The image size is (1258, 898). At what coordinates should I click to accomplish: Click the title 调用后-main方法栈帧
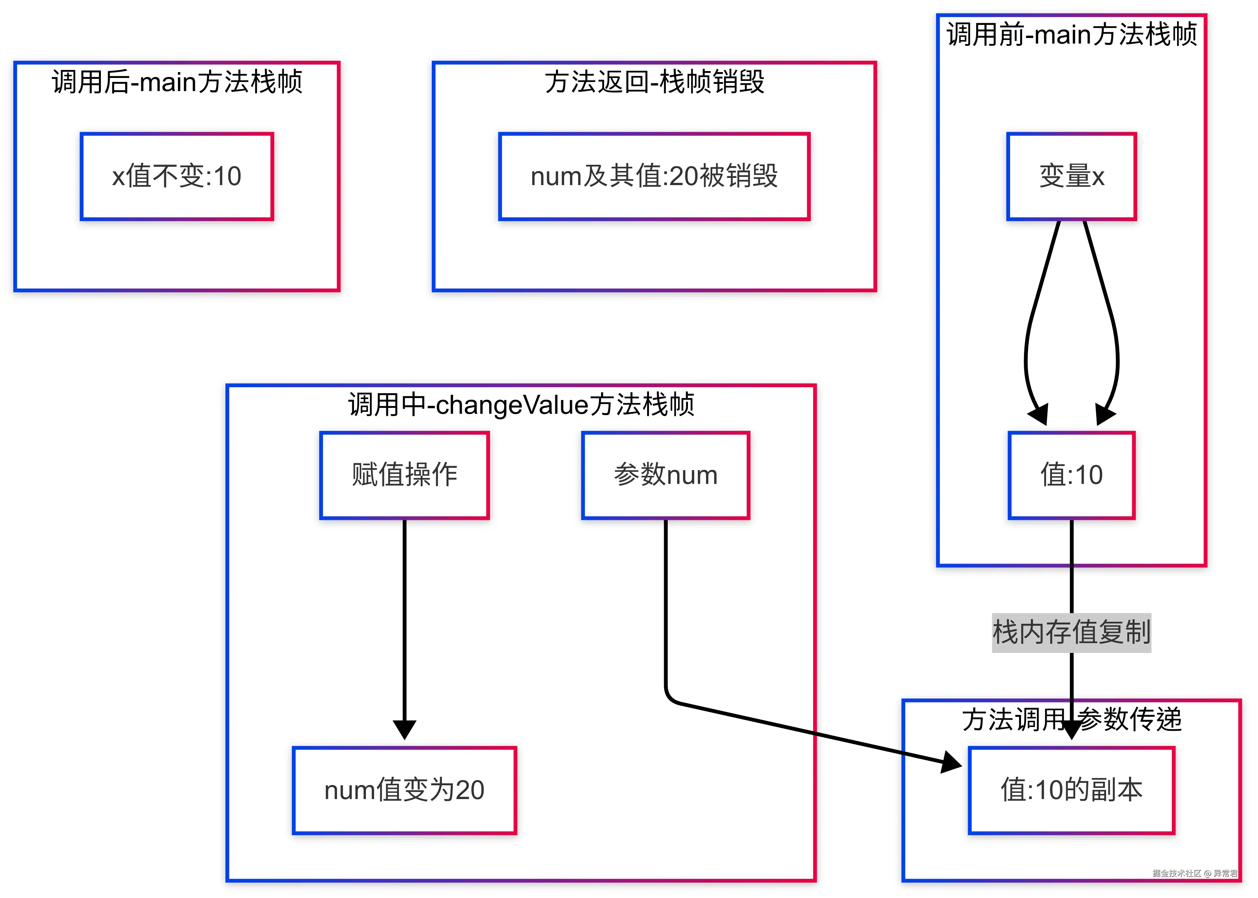click(x=177, y=82)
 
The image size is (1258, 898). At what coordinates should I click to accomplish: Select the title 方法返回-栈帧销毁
click(x=654, y=82)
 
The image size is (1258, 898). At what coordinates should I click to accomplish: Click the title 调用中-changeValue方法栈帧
click(x=521, y=404)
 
